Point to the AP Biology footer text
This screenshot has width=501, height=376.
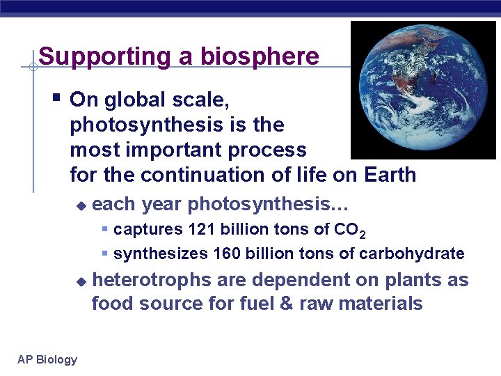tap(47, 359)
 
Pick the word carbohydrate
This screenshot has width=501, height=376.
tap(412, 253)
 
